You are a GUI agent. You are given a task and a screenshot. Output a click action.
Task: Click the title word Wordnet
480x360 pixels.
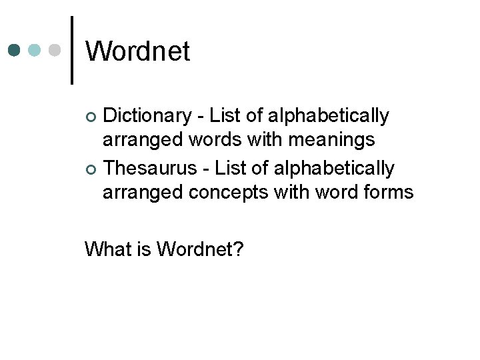(138, 51)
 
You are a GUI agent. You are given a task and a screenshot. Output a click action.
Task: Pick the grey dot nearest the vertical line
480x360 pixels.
(55, 50)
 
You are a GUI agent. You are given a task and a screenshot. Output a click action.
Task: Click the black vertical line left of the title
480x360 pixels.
(71, 50)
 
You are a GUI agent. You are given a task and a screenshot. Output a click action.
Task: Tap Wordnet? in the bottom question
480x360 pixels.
(200, 249)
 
